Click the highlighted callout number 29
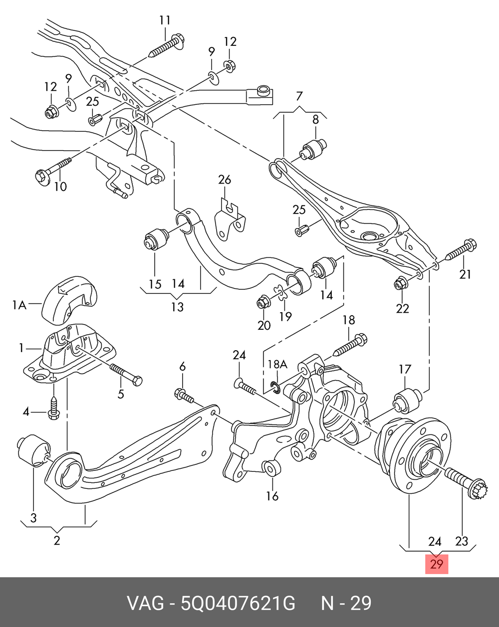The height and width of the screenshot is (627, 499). pyautogui.click(x=436, y=564)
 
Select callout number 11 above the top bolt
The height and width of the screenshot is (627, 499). pyautogui.click(x=165, y=20)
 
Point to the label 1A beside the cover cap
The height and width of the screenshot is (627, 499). pyautogui.click(x=19, y=305)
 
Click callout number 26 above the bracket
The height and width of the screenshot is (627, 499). pyautogui.click(x=225, y=180)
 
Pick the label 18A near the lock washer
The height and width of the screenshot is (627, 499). pyautogui.click(x=277, y=364)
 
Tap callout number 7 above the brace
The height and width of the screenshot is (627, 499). pyautogui.click(x=299, y=96)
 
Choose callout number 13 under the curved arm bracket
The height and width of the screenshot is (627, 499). pyautogui.click(x=177, y=307)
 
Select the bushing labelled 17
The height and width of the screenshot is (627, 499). pyautogui.click(x=408, y=401)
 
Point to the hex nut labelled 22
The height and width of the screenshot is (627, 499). pyautogui.click(x=400, y=283)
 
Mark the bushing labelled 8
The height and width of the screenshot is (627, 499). pyautogui.click(x=313, y=150)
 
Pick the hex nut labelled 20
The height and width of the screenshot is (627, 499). pyautogui.click(x=263, y=302)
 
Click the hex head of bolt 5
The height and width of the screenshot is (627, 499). pyautogui.click(x=137, y=381)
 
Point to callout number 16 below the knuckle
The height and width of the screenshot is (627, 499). pyautogui.click(x=272, y=496)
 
